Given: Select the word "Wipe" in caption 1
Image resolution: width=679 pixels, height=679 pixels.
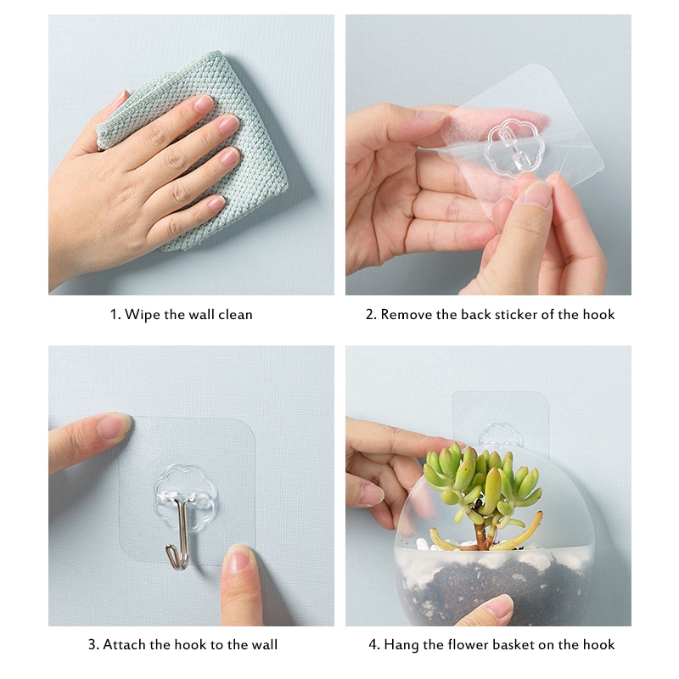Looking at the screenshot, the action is tap(143, 314).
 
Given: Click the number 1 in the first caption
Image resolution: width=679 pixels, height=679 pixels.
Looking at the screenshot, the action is tap(114, 314).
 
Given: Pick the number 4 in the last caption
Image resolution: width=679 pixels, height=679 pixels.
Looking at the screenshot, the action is tap(373, 645).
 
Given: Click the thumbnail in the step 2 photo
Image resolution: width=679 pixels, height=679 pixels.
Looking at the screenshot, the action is tap(536, 194).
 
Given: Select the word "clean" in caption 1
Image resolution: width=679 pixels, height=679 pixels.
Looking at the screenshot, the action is tap(235, 314).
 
